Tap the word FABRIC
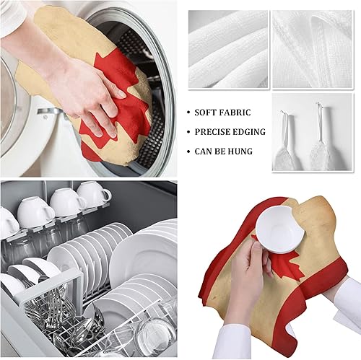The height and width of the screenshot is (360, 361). point(239,113)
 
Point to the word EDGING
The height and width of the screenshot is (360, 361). point(250,132)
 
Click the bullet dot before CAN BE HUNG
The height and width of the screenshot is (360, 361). point(188,152)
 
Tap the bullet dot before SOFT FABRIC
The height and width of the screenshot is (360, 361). point(188,113)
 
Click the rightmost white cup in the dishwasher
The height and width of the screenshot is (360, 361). point(93,193)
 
